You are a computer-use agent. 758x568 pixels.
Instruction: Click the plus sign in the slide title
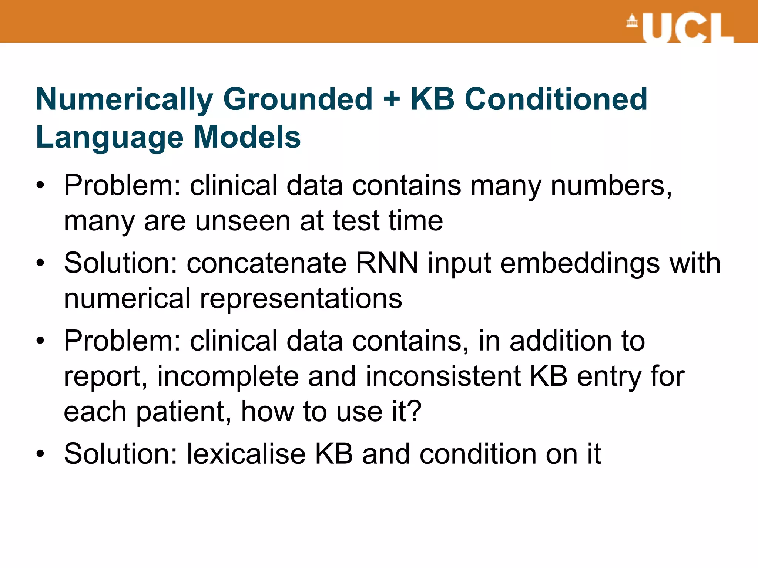pyautogui.click(x=392, y=99)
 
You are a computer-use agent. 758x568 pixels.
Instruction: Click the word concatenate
pyautogui.click(x=266, y=263)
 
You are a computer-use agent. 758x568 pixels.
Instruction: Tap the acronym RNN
pyautogui.click(x=387, y=263)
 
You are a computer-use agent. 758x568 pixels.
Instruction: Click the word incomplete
pyautogui.click(x=228, y=376)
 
